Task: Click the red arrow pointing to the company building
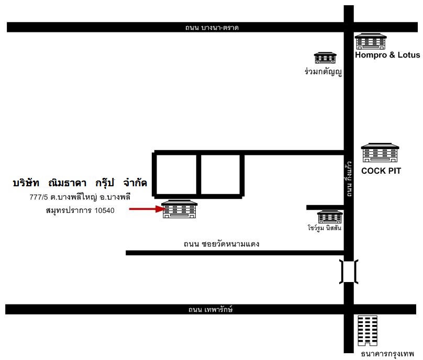pyautogui.click(x=147, y=209)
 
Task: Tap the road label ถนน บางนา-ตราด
pyautogui.click(x=212, y=28)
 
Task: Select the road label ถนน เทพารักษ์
pyautogui.click(x=210, y=309)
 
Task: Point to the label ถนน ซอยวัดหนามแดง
pyautogui.click(x=221, y=244)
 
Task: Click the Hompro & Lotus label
pyautogui.click(x=387, y=55)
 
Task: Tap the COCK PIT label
pyautogui.click(x=381, y=171)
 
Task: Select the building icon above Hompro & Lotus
pyautogui.click(x=371, y=41)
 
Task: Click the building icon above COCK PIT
pyautogui.click(x=380, y=153)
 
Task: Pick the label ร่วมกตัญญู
pyautogui.click(x=323, y=72)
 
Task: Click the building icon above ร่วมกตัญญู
pyautogui.click(x=325, y=58)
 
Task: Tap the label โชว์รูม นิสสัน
pyautogui.click(x=324, y=228)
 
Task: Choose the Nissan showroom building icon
pyautogui.click(x=330, y=217)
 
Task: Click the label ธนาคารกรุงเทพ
pyautogui.click(x=387, y=354)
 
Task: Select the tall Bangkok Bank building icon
pyautogui.click(x=368, y=331)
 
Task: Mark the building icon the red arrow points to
pyautogui.click(x=179, y=209)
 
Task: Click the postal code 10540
pyautogui.click(x=104, y=210)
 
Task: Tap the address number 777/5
pyautogui.click(x=39, y=197)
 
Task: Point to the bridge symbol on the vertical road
pyautogui.click(x=349, y=272)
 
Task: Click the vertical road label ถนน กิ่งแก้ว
pyautogui.click(x=349, y=179)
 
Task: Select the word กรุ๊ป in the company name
pyautogui.click(x=105, y=183)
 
